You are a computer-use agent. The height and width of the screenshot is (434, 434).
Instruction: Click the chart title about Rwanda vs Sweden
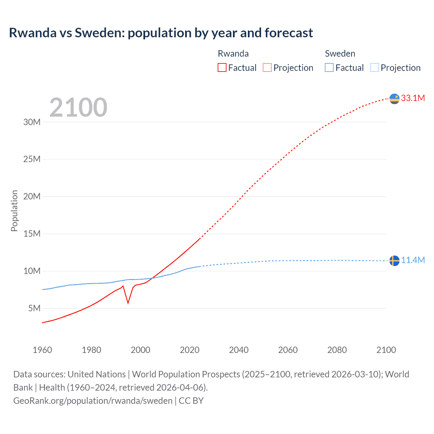(x=161, y=33)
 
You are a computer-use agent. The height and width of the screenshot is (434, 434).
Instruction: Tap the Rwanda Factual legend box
(x=222, y=67)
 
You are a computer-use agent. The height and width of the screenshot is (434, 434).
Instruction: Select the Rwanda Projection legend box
(x=267, y=67)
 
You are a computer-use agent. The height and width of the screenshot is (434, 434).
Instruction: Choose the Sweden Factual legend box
(x=329, y=67)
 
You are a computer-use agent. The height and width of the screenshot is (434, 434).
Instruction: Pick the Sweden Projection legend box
(x=375, y=67)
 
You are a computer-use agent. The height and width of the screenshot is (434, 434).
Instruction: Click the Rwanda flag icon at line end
(x=394, y=99)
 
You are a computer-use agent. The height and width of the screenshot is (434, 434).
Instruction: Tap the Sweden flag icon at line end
(x=394, y=261)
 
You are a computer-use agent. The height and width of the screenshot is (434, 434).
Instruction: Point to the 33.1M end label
(x=413, y=98)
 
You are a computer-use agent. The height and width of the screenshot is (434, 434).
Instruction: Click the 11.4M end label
(x=413, y=260)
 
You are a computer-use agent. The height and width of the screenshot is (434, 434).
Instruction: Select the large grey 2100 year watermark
(x=78, y=107)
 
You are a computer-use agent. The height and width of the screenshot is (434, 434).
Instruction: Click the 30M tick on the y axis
(x=32, y=122)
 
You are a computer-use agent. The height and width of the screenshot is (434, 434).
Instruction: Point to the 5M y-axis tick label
(x=34, y=308)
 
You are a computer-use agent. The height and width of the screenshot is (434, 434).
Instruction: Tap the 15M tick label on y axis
(x=32, y=234)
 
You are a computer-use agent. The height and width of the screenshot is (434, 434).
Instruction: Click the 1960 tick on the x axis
(x=42, y=350)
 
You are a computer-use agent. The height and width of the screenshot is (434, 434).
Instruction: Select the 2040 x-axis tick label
(x=239, y=350)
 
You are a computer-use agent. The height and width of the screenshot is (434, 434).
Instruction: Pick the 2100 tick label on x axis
(x=386, y=350)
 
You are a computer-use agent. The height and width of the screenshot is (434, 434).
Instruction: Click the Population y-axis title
(x=14, y=211)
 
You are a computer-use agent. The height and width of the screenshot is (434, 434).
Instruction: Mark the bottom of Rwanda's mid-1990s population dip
(x=128, y=303)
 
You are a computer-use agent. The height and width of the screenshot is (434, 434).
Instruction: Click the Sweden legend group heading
(x=340, y=54)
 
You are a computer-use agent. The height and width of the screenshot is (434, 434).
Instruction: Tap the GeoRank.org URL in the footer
(x=93, y=400)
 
